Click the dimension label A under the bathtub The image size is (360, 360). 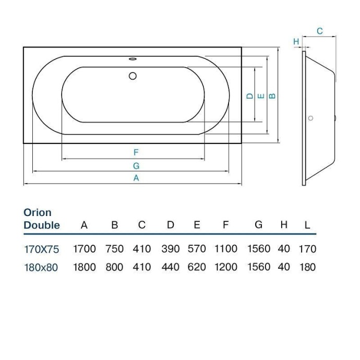[x=136, y=178]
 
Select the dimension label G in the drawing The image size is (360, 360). [x=136, y=165]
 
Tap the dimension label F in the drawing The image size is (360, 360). [x=136, y=152]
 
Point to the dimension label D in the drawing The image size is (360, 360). [x=250, y=96]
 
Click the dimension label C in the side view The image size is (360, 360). [x=320, y=31]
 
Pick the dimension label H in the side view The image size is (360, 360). [x=296, y=41]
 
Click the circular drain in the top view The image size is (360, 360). [x=133, y=76]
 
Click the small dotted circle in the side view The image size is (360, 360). [x=311, y=118]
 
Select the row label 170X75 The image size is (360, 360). [x=41, y=249]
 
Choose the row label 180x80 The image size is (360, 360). [x=41, y=267]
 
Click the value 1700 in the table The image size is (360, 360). [x=84, y=249]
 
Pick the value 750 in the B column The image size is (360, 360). [x=115, y=249]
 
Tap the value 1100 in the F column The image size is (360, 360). [x=225, y=249]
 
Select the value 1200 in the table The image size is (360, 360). [x=225, y=267]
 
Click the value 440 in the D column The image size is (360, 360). [x=171, y=267]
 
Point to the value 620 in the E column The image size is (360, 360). [x=197, y=267]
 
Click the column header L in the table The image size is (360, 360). [x=307, y=225]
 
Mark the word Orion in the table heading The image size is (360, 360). [x=38, y=213]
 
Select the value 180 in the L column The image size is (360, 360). [x=308, y=267]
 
